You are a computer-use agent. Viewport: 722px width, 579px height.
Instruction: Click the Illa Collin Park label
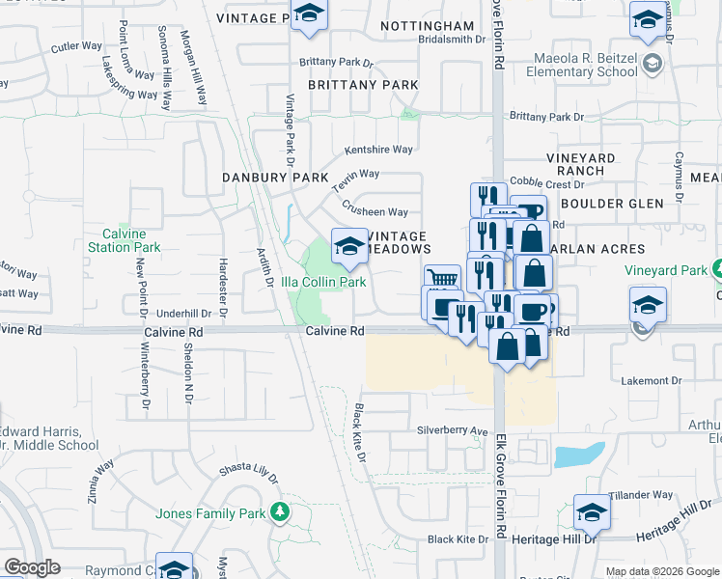[323, 282]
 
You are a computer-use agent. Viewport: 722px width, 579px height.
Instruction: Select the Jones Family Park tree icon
[280, 511]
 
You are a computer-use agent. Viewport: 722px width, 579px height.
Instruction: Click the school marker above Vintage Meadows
[348, 247]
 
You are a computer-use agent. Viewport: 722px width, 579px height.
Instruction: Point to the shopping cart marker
[442, 280]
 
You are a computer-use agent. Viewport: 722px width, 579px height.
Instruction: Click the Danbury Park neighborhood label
[275, 178]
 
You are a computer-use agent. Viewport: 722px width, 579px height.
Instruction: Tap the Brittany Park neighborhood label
[363, 85]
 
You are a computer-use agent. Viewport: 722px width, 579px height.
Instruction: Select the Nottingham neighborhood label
[428, 25]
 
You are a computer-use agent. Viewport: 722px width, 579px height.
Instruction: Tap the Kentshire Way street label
[379, 150]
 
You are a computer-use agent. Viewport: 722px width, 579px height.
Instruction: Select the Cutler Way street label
[77, 45]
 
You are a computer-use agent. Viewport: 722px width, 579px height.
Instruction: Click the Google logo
[32, 567]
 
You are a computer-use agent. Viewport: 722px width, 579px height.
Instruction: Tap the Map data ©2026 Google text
[661, 571]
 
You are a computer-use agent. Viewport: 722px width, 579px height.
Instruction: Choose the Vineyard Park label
[666, 270]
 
